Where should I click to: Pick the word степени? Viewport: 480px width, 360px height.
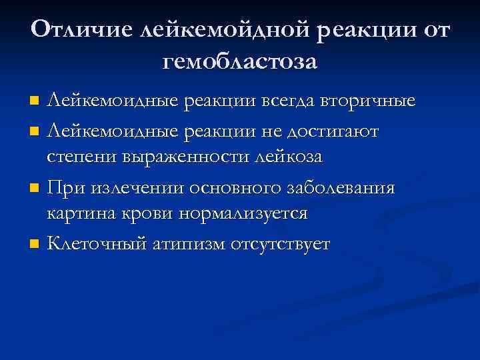[82, 158]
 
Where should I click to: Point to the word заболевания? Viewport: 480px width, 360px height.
[343, 187]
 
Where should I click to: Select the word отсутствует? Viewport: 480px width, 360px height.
[281, 243]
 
